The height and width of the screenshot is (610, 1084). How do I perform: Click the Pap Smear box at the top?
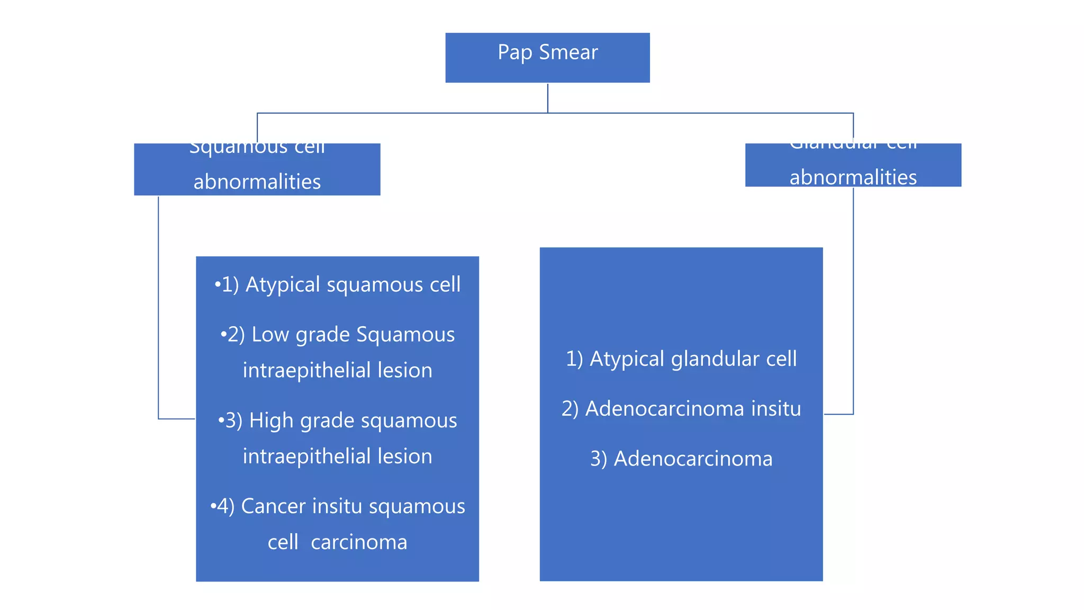547,57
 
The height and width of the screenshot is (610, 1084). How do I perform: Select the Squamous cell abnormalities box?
257,169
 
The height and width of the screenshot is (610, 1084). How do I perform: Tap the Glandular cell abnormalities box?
853,165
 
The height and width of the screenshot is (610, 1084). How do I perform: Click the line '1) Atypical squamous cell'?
337,285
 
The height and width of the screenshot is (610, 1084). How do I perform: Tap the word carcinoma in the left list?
359,542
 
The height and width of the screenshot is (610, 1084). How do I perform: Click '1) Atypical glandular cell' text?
681,359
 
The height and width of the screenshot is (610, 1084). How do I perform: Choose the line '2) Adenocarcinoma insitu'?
681,409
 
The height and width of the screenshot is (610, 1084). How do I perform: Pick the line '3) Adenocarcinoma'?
681,459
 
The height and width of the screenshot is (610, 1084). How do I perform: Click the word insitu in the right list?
776,409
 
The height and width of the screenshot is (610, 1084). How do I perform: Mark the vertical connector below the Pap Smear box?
547,97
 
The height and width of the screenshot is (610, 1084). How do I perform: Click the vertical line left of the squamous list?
158,307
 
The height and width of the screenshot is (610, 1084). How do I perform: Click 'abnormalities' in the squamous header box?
257,182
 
